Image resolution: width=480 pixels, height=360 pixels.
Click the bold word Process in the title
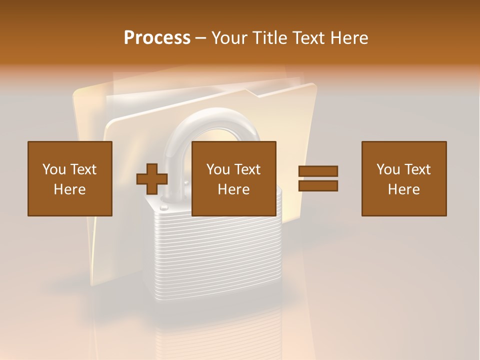pyautogui.click(x=157, y=38)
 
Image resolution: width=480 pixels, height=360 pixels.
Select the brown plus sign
pyautogui.click(x=152, y=179)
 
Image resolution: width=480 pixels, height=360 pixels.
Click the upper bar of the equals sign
pyautogui.click(x=318, y=171)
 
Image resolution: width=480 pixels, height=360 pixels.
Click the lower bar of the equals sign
pyautogui.click(x=318, y=186)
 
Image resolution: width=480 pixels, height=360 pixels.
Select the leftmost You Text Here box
pyautogui.click(x=70, y=178)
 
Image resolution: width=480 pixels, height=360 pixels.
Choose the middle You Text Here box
pyautogui.click(x=233, y=178)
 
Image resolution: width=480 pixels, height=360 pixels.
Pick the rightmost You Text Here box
pyautogui.click(x=403, y=178)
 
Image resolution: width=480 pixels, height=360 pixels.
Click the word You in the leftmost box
pyautogui.click(x=53, y=169)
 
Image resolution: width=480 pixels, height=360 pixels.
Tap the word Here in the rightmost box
pyautogui.click(x=403, y=189)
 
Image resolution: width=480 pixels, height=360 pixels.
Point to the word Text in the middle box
pyautogui.click(x=247, y=169)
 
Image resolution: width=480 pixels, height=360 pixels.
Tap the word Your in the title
pyautogui.click(x=229, y=38)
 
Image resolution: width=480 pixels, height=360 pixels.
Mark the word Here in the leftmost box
pyautogui.click(x=70, y=189)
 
